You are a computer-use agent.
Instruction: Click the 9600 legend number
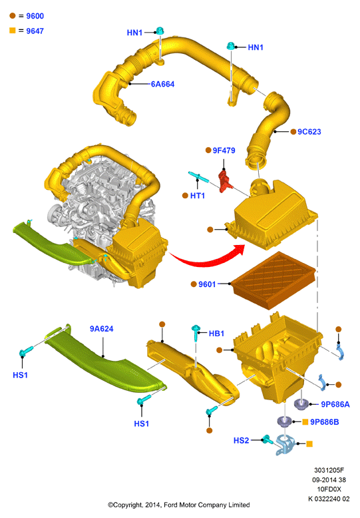[35, 16]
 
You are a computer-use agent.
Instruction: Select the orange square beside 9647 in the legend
[13, 31]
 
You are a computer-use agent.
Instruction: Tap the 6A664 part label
[162, 85]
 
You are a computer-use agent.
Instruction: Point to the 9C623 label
[309, 131]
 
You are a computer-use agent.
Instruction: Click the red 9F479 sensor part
[225, 180]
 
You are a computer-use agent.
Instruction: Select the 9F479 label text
[224, 150]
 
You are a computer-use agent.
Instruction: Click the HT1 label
[198, 196]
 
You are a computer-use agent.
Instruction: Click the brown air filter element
[273, 280]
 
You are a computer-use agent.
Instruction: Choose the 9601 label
[207, 284]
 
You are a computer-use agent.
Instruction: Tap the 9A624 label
[101, 329]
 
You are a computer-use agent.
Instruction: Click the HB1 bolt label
[216, 334]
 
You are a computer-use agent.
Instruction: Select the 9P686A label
[335, 404]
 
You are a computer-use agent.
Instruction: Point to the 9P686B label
[324, 422]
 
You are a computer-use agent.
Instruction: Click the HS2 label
[241, 440]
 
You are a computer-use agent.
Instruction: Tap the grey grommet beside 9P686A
[301, 404]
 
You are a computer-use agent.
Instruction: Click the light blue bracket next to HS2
[285, 445]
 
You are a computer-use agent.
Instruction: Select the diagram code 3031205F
[329, 470]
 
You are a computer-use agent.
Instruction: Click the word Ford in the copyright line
[170, 505]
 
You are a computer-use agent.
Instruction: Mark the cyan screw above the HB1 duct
[196, 332]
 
